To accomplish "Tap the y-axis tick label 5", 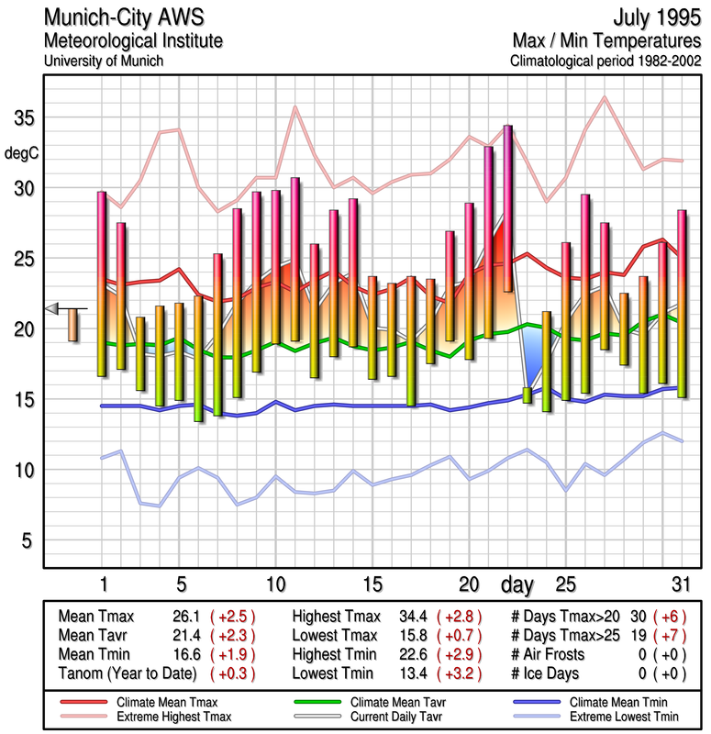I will point(27,541).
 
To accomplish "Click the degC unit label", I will point(22,152).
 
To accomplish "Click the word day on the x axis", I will point(518,584).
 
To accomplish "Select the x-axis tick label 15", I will point(372,584).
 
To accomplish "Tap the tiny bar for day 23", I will point(527,395).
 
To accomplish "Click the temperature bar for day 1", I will point(102,284).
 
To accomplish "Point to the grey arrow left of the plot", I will point(54,308).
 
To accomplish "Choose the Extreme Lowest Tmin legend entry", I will point(620,715).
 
